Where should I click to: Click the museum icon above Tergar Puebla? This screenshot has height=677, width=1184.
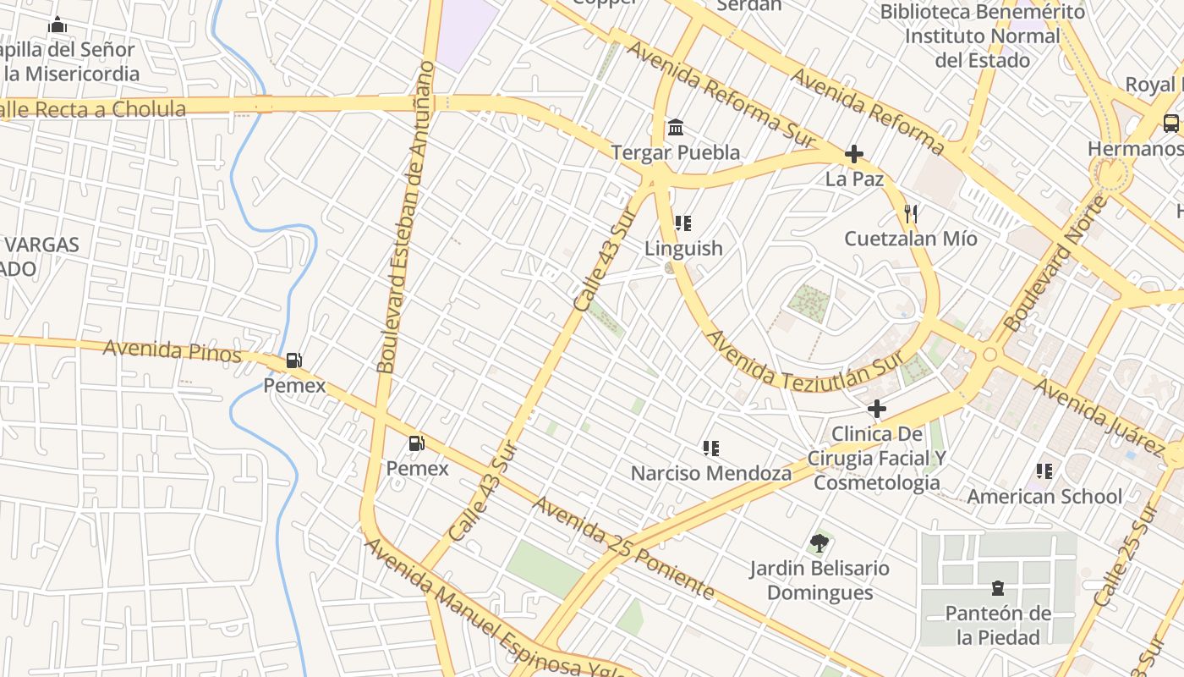coord(676,128)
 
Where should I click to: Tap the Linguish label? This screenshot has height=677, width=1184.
coord(683,248)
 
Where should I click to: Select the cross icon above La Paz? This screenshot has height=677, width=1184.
coord(854,154)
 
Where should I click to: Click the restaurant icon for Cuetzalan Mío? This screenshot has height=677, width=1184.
coord(910,213)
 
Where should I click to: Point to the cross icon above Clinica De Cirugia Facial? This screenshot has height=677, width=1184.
coord(877,410)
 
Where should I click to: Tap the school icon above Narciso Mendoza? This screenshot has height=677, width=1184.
coord(710,449)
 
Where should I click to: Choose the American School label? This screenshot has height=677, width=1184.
coord(1044,496)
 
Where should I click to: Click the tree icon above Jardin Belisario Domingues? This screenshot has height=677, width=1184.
coord(819,542)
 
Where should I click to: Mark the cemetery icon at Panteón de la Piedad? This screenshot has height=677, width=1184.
coord(998,588)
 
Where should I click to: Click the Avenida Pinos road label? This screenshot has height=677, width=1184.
coord(173,350)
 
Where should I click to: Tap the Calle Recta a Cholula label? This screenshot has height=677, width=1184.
coord(93,109)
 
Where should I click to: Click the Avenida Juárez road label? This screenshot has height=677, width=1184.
coord(1099,416)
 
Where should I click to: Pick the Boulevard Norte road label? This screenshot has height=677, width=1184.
coord(1055,264)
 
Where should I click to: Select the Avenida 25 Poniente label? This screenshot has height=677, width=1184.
coord(623,548)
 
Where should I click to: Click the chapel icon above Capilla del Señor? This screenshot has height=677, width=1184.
coord(58,25)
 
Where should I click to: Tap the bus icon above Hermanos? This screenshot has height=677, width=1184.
coord(1171,124)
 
